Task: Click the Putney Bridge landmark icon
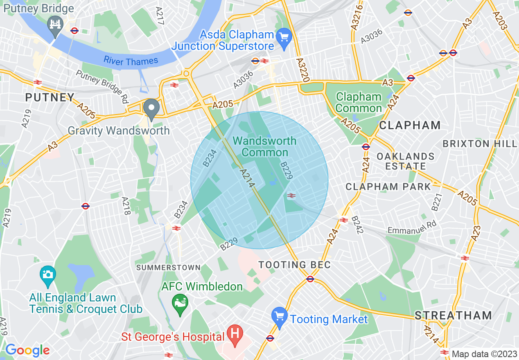pyautogui.click(x=54, y=23)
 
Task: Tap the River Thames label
pyautogui.click(x=131, y=61)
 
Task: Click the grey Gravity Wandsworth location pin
pyautogui.click(x=151, y=108)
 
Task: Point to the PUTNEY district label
pyautogui.click(x=50, y=98)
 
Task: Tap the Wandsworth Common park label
pyautogui.click(x=264, y=146)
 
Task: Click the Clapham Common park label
pyautogui.click(x=359, y=103)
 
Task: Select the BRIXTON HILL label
pyautogui.click(x=480, y=144)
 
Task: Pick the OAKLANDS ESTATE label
pyautogui.click(x=405, y=161)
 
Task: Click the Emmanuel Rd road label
pyautogui.click(x=412, y=228)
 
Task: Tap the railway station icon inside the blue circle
pyautogui.click(x=291, y=196)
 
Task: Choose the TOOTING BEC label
pyautogui.click(x=294, y=265)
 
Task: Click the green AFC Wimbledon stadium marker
pyautogui.click(x=180, y=304)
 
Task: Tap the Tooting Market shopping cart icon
pyautogui.click(x=280, y=317)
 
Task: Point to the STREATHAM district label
pyautogui.click(x=453, y=315)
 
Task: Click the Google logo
pyautogui.click(x=27, y=350)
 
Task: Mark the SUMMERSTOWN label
pyautogui.click(x=168, y=268)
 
